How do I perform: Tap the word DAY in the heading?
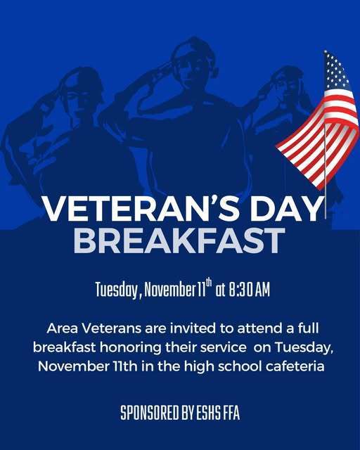coord(284,210)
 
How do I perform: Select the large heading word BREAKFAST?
coord(179,240)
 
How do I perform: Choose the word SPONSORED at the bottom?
coord(148,413)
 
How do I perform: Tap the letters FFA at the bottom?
coord(231,413)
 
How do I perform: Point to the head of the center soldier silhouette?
coord(191,65)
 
